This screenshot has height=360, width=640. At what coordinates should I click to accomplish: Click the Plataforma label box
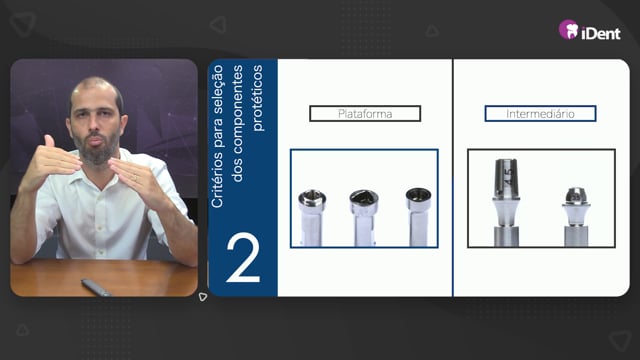click(365, 113)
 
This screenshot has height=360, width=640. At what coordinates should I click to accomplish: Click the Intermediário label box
click(540, 113)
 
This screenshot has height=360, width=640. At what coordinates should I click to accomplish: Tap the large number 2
click(243, 258)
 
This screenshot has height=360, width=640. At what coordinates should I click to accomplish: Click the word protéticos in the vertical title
click(257, 98)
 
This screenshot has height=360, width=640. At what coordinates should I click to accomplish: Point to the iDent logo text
click(600, 33)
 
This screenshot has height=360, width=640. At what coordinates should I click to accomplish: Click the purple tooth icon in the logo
click(569, 30)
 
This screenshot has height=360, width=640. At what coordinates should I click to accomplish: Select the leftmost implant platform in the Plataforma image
click(312, 218)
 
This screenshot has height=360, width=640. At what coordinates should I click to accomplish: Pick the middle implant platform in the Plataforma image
click(364, 218)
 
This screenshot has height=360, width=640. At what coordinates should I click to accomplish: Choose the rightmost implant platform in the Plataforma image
click(418, 217)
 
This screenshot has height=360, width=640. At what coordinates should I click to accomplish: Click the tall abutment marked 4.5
click(506, 202)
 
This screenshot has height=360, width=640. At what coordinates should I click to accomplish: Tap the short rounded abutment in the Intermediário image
click(576, 217)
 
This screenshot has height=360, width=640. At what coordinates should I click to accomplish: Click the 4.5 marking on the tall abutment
click(507, 176)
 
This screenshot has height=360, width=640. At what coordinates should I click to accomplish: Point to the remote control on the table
click(96, 287)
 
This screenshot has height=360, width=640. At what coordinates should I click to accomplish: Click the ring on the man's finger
click(136, 178)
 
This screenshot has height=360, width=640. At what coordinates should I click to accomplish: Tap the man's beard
click(97, 148)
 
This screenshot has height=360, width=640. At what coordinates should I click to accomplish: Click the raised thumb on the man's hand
click(49, 141)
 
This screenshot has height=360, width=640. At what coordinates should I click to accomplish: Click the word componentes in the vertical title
click(237, 123)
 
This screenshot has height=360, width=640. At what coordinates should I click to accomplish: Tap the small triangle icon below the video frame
click(203, 297)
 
